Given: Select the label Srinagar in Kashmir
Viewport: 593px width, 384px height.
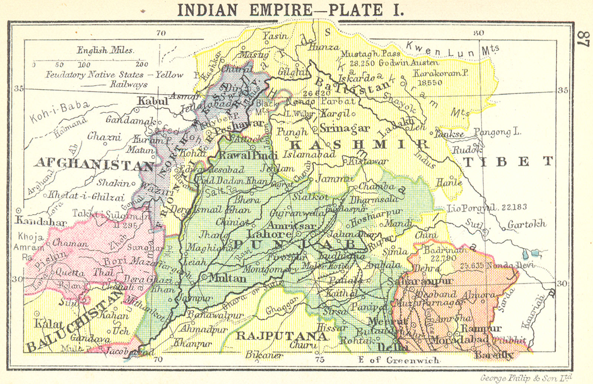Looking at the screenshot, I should coord(345,128).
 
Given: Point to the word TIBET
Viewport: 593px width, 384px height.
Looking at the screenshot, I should coord(508,161).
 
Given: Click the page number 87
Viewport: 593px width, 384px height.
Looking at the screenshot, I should coord(583,39).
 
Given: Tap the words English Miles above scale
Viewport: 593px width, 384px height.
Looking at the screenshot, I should coord(105,50).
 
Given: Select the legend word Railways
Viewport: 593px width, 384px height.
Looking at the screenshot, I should coord(128,84).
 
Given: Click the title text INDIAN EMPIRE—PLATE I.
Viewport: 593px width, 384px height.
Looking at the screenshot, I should coord(291,10).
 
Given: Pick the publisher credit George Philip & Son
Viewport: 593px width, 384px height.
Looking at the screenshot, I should coord(526,378).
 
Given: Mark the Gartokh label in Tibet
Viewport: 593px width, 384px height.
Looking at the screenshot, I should coord(527,224).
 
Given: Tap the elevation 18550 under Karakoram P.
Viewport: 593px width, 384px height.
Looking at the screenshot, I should coord(430,83).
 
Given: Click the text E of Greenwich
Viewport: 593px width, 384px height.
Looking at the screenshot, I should coord(398,360).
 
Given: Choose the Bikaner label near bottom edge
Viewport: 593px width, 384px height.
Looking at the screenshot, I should coord(264,355).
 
